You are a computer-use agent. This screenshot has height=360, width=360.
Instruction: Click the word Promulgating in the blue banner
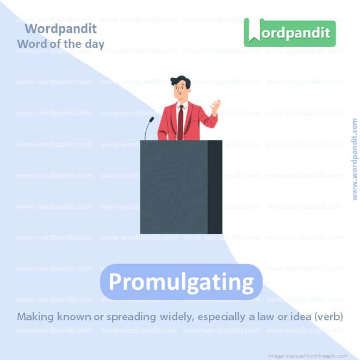point(181,282)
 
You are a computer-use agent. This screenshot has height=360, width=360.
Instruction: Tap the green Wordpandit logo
point(289,32)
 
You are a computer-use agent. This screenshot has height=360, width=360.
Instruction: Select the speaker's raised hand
point(216,106)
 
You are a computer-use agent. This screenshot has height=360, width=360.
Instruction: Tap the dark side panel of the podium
point(215,187)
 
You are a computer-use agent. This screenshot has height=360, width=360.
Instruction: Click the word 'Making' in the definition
point(34,316)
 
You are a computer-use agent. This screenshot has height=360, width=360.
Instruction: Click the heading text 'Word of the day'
point(60,44)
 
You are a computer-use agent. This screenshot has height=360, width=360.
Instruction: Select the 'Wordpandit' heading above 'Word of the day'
point(60,28)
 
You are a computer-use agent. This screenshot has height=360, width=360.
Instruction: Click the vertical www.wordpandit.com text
point(355,159)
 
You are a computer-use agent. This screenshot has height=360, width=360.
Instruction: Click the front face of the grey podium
point(174,187)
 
